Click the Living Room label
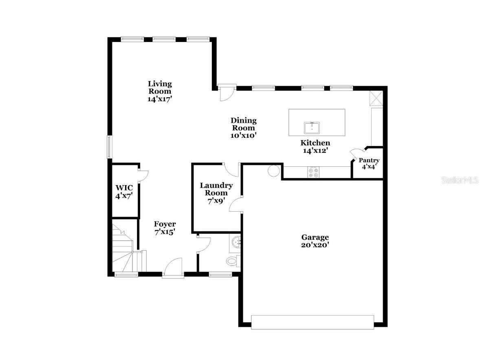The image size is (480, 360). [x=159, y=91]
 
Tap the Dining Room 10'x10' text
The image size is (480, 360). [x=243, y=128]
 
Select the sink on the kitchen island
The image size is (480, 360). [x=312, y=128]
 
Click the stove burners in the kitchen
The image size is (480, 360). [x=314, y=172]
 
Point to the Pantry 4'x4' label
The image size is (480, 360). [x=369, y=163]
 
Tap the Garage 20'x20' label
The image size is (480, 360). [x=315, y=241]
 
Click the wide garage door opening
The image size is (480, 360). [x=312, y=322]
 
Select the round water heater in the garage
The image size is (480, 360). [x=273, y=170]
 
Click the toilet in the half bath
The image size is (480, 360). [x=232, y=261]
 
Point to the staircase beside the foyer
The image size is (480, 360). [x=123, y=249]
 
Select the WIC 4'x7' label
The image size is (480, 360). [x=124, y=191]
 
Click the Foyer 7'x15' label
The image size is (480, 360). [x=165, y=228]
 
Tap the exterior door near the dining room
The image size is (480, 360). [x=225, y=93]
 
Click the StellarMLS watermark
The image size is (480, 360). [x=460, y=180]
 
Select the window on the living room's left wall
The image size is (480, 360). [x=109, y=147]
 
